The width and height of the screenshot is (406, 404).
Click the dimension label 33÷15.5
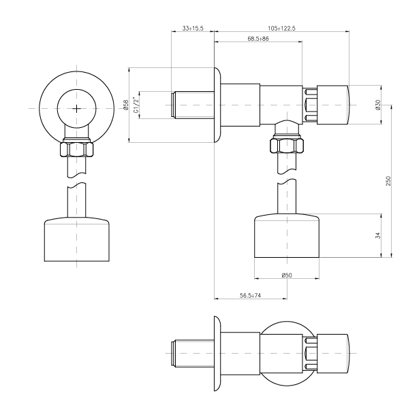coord(193,28)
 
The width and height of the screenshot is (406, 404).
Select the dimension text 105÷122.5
coord(281,28)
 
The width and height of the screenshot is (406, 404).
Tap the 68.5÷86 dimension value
coord(258,39)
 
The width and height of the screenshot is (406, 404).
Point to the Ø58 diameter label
coord(126,105)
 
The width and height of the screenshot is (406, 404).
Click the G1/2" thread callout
coord(136,105)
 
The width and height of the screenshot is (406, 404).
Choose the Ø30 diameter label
coord(378,105)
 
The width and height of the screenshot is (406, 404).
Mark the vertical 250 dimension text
coord(388,181)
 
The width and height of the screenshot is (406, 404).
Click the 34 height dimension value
coord(378,235)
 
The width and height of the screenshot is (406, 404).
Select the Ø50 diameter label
coord(287,275)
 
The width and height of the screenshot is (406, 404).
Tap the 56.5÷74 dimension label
coord(251,295)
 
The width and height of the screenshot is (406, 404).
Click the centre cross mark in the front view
coord(77,109)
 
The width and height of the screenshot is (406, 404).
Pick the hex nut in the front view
coord(77,148)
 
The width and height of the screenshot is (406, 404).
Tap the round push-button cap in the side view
coord(333,105)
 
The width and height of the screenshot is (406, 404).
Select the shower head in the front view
coord(77,239)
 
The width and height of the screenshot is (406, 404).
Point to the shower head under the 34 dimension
coord(287,235)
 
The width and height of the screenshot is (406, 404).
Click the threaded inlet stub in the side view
coord(193,105)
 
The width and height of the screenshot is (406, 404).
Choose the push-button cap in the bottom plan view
coord(333,354)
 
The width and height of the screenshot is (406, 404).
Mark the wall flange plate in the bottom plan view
coord(217,354)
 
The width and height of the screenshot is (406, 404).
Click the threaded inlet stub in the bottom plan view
coord(193,354)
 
